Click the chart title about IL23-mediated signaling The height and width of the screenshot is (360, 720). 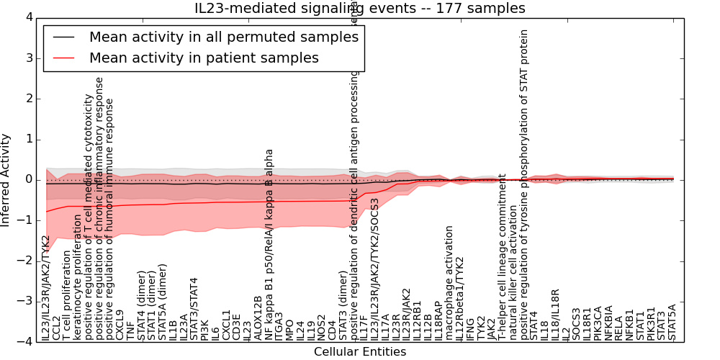click(359, 9)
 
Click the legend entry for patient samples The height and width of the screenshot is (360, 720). click(204, 58)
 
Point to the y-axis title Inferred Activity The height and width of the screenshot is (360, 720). click(6, 179)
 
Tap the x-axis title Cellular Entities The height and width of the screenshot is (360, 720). click(359, 351)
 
